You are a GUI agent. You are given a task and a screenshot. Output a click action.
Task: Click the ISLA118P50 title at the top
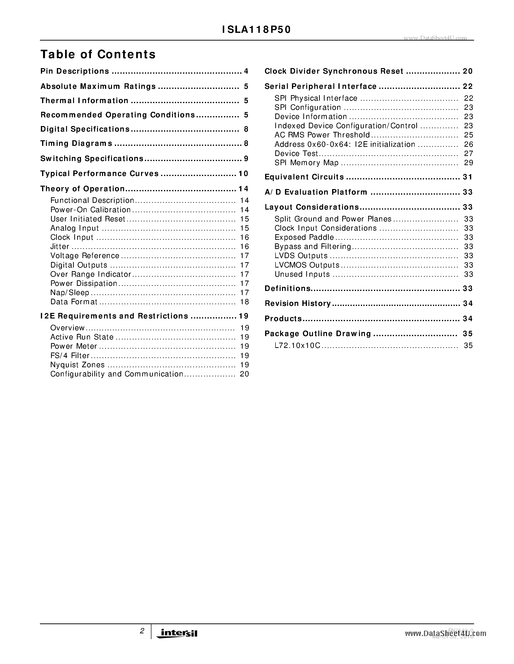(256, 29)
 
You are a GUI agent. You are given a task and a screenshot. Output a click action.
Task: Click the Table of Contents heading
(98, 54)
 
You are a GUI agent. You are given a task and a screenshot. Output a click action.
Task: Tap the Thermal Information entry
(84, 101)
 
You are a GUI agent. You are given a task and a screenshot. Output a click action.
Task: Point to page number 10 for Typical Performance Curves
(243, 174)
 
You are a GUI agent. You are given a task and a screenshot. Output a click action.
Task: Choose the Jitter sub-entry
(60, 247)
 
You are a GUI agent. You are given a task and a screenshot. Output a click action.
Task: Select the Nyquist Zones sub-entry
(77, 365)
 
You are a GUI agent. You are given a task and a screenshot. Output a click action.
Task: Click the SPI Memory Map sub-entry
(306, 163)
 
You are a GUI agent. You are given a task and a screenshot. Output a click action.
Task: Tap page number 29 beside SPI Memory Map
(469, 163)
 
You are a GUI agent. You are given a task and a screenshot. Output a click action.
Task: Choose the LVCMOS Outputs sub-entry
(307, 265)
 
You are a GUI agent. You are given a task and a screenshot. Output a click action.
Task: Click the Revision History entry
(298, 304)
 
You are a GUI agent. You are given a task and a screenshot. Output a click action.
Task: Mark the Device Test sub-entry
(296, 154)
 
